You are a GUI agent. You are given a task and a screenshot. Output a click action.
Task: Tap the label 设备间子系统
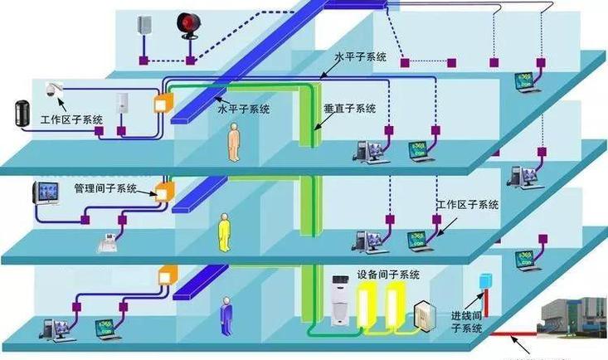pyautogui.click(x=388, y=274)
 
